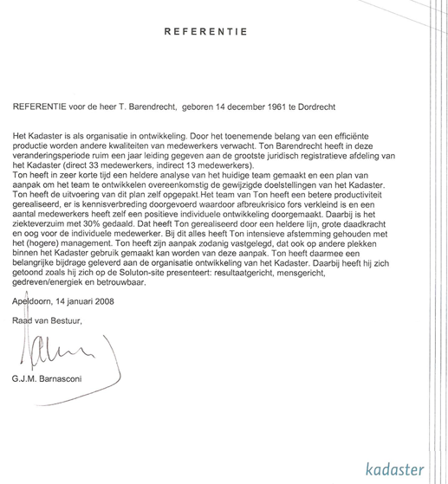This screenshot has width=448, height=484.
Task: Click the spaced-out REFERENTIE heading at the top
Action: pyautogui.click(x=205, y=32)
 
